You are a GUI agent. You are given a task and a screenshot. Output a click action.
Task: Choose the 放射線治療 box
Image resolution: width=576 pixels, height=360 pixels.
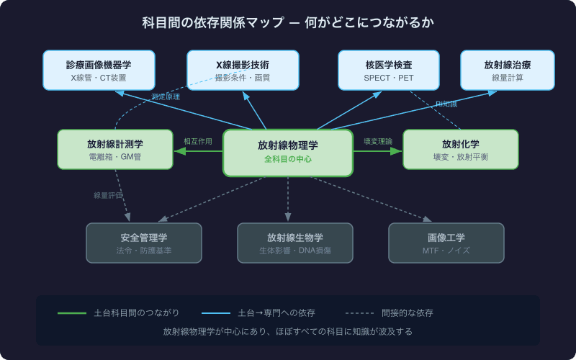[x=508, y=70]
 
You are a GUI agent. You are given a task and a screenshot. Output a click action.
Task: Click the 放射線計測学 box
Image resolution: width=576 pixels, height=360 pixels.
[x=115, y=149]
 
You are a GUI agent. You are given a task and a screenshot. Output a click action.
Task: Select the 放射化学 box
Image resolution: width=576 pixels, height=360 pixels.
[x=461, y=149]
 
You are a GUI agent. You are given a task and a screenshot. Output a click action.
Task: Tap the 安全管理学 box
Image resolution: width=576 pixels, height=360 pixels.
[x=144, y=243]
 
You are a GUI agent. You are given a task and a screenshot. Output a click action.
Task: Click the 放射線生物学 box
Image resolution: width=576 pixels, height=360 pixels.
[x=295, y=243]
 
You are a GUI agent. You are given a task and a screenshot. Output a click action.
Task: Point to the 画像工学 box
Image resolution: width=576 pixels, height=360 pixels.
[x=446, y=243]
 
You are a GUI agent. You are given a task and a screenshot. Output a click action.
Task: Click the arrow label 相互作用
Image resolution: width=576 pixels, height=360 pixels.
[x=198, y=142]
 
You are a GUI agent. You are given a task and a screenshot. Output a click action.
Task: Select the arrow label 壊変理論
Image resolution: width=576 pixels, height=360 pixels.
[x=378, y=142]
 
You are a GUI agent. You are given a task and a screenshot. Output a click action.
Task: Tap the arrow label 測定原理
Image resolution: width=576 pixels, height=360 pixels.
[x=166, y=96]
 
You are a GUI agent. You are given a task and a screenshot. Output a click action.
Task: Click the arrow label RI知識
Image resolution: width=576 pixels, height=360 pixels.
[x=446, y=104]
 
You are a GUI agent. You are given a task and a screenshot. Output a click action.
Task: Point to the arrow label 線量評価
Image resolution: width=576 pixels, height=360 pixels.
[x=108, y=195]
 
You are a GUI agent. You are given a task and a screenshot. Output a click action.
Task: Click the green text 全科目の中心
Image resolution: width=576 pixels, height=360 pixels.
[x=288, y=158]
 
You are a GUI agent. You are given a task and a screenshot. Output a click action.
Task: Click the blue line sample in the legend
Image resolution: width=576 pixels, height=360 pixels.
[x=216, y=313]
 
